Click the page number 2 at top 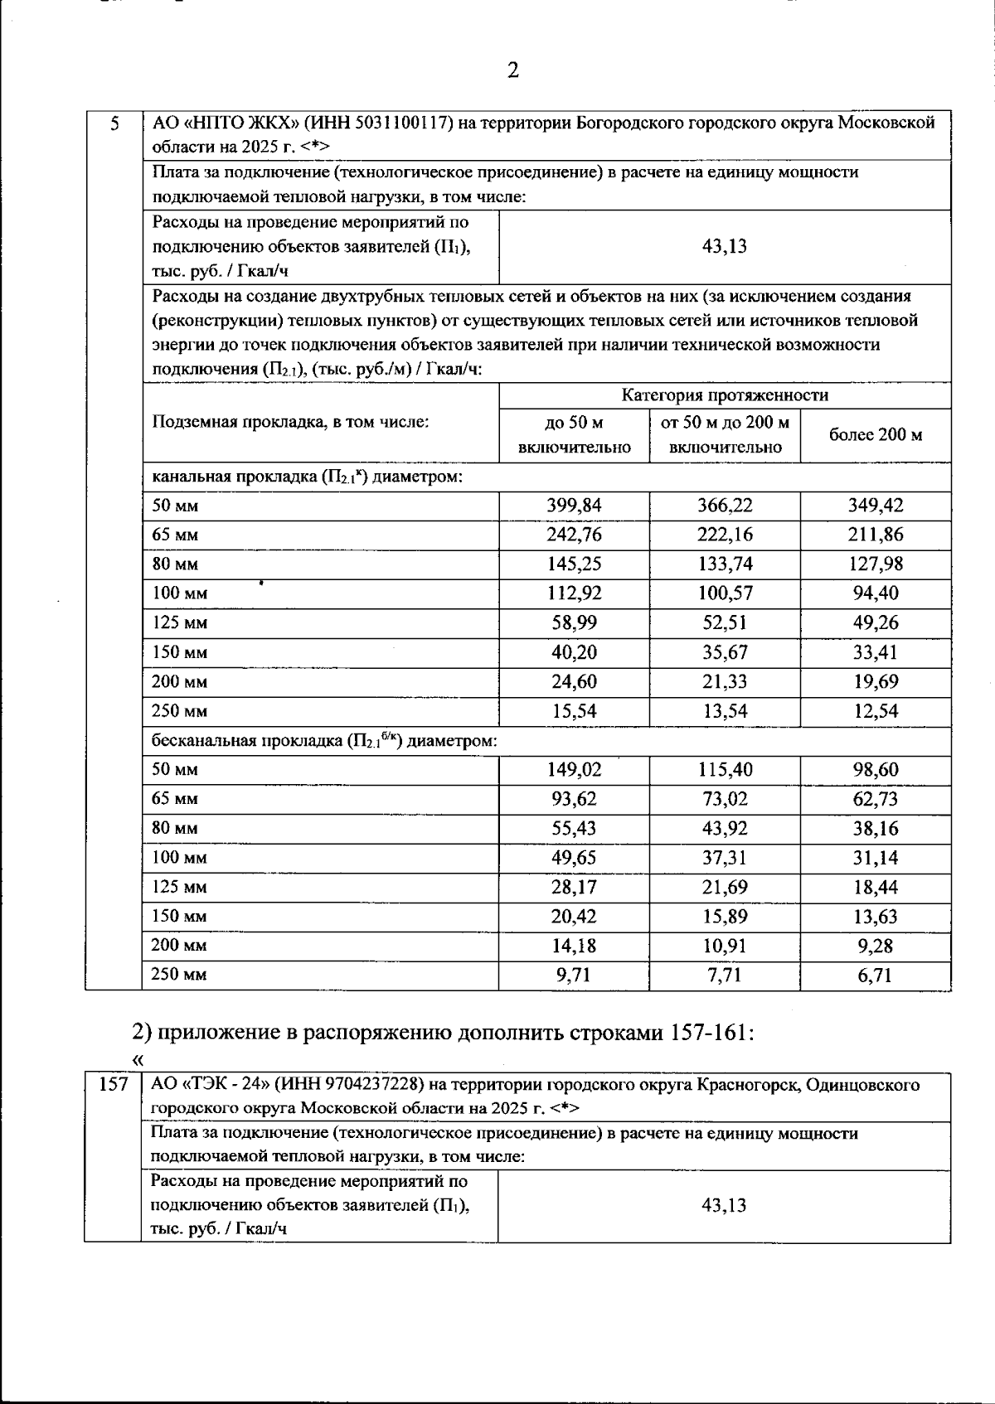pyautogui.click(x=512, y=70)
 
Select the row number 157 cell pyautogui.click(x=113, y=1084)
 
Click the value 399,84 pyautogui.click(x=574, y=506)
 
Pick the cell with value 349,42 pyautogui.click(x=876, y=506)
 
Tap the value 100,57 pyautogui.click(x=725, y=593)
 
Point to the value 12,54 pyautogui.click(x=876, y=711)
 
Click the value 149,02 pyautogui.click(x=574, y=770)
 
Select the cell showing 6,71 pyautogui.click(x=876, y=976)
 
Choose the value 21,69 pyautogui.click(x=725, y=888)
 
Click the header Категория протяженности pyautogui.click(x=725, y=395)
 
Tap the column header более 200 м pyautogui.click(x=876, y=435)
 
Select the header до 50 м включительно pyautogui.click(x=574, y=435)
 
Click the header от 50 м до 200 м pyautogui.click(x=725, y=424)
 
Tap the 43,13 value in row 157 pyautogui.click(x=724, y=1206)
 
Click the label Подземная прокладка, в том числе pyautogui.click(x=290, y=422)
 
